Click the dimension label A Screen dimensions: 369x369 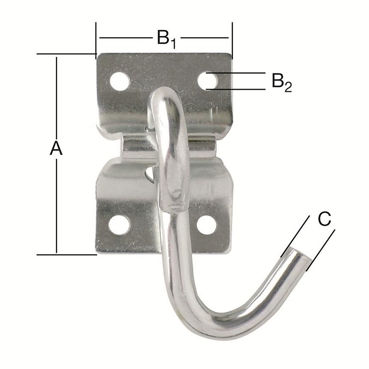click(56, 149)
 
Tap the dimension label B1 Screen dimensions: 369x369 click(166, 38)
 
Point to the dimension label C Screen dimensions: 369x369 click(324, 219)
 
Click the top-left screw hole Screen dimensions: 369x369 click(120, 81)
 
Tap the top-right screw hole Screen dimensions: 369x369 click(207, 81)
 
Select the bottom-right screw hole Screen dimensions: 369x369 click(207, 225)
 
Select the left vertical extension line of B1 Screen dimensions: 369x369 click(96, 38)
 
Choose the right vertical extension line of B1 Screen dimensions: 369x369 click(232, 38)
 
